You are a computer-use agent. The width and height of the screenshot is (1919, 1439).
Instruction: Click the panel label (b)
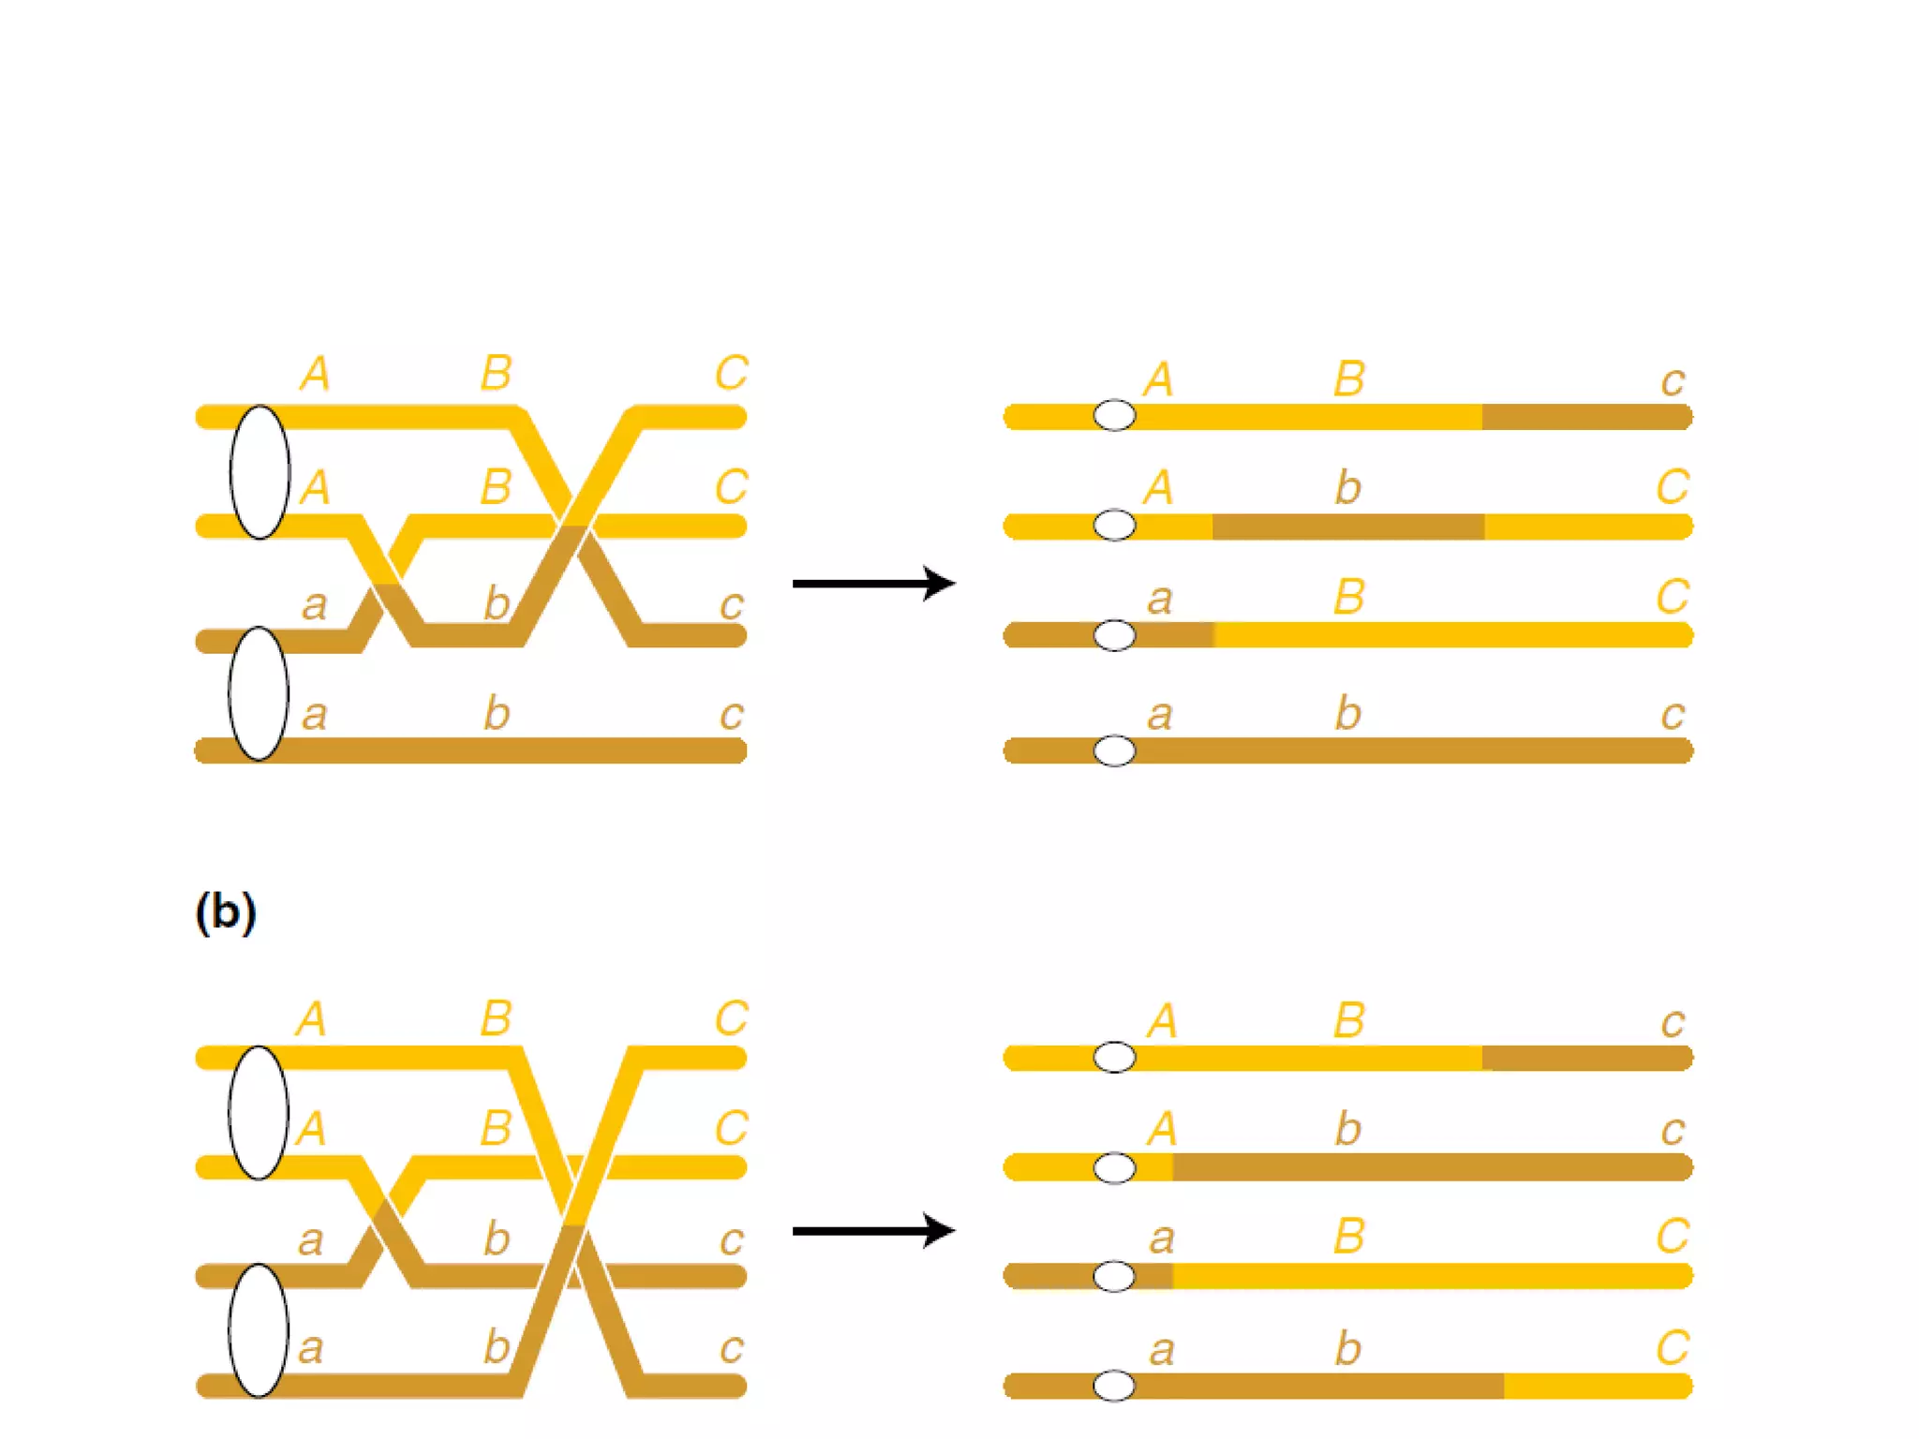point(225,912)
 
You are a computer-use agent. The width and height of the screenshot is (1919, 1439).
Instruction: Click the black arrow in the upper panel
point(872,584)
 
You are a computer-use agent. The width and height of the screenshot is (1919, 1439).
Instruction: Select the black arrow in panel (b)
point(872,1231)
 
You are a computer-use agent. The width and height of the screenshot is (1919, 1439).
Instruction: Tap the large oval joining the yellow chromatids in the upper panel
point(260,472)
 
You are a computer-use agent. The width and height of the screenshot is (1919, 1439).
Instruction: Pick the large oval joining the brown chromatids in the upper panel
point(259,693)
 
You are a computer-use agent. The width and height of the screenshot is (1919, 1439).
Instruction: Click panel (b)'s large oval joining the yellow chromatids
point(259,1113)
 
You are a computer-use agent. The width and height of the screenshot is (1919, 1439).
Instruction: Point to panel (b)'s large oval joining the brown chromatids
point(259,1331)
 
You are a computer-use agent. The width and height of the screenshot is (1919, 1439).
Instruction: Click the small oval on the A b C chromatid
point(1114,526)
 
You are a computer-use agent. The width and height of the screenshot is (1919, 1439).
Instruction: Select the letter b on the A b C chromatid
point(1347,488)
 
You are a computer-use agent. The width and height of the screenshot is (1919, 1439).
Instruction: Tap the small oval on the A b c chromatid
point(1114,1168)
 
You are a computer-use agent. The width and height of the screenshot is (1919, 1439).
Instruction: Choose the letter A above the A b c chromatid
point(1162,1130)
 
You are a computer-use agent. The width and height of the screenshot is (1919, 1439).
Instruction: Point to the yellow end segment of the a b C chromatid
point(1597,1386)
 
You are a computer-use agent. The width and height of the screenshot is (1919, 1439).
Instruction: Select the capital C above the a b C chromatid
point(1673,1348)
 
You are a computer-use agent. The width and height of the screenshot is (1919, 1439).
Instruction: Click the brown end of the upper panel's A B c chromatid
point(1586,417)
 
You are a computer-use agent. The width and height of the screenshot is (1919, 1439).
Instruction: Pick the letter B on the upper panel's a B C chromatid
point(1349,598)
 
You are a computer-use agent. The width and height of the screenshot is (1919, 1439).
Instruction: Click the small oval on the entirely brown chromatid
point(1114,750)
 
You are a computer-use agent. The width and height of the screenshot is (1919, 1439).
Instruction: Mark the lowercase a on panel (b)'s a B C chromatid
point(1162,1239)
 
